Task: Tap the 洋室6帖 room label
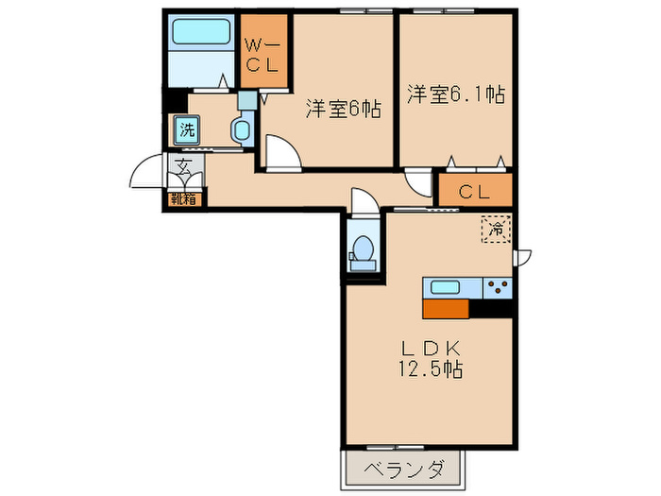pos(342,110)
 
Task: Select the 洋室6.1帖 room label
pos(455,94)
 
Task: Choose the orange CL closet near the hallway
pos(474,192)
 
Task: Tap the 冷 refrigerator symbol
pos(496,228)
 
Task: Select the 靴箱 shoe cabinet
pos(185,198)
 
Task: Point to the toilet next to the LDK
pos(363,248)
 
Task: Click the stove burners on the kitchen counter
pos(497,287)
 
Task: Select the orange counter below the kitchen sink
pos(446,308)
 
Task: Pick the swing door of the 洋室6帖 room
pos(281,151)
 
